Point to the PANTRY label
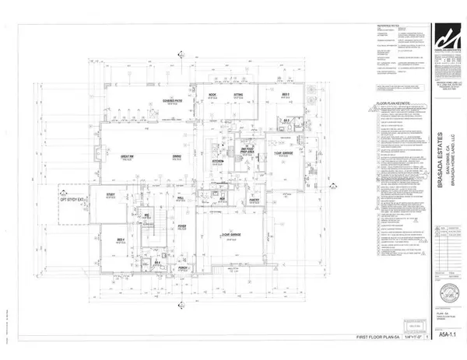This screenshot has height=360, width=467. pos(276,201)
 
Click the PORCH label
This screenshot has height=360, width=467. pos(180,271)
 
